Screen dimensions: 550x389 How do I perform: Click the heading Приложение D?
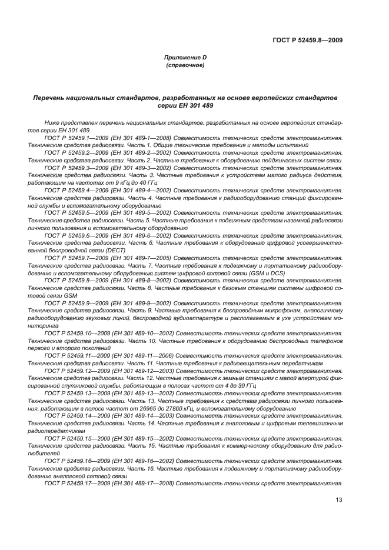click(x=185, y=57)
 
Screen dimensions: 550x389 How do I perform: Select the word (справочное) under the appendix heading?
click(x=185, y=65)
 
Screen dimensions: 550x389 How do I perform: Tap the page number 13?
click(x=338, y=500)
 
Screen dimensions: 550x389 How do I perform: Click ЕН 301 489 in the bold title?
click(x=194, y=105)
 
